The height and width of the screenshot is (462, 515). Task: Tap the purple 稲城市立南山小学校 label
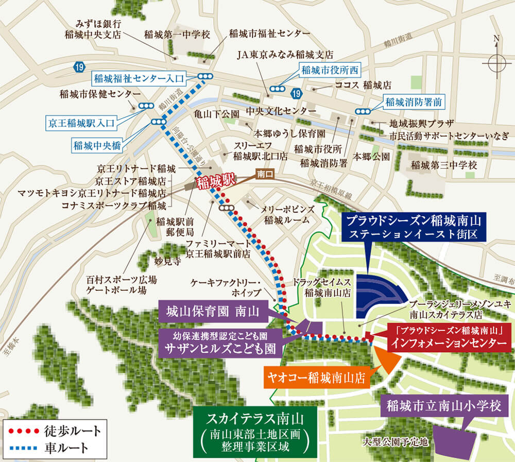click(x=443, y=405)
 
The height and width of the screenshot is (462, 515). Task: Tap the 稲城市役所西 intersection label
click(x=325, y=70)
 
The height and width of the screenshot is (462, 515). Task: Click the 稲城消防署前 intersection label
click(x=413, y=102)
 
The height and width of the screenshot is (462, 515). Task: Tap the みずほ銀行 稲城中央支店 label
click(x=92, y=29)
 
